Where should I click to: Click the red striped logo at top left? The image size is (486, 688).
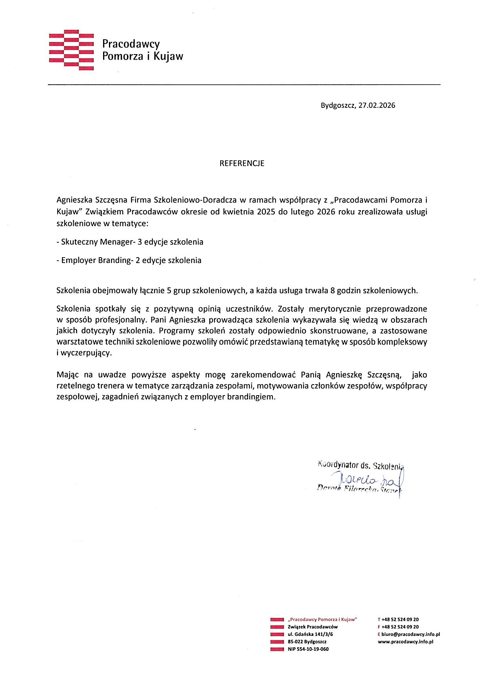click(71, 50)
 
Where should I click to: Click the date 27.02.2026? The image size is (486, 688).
click(377, 105)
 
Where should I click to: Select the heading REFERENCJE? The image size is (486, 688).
click(242, 163)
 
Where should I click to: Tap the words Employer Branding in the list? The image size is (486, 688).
click(96, 260)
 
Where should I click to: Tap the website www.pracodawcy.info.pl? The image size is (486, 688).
click(405, 642)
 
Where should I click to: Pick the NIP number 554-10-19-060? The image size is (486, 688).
click(308, 649)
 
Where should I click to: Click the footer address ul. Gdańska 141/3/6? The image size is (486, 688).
click(310, 634)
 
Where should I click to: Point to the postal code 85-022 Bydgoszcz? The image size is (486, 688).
click(307, 642)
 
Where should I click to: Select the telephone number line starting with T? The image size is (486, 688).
click(398, 619)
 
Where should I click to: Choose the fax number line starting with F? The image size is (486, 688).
click(398, 627)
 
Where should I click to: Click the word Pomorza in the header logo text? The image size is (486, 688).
click(123, 56)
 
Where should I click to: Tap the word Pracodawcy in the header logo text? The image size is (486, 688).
click(131, 44)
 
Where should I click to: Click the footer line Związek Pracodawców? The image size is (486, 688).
click(312, 627)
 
